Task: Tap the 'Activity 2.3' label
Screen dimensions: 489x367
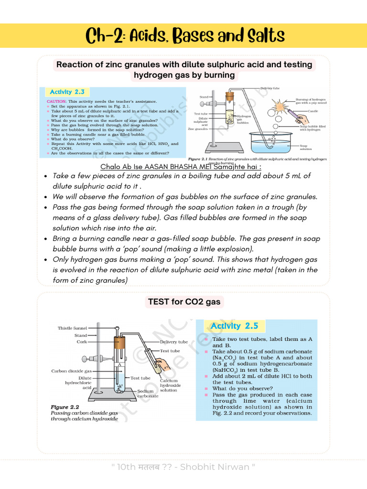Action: [67, 92]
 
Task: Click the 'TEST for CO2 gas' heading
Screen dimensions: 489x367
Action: [183, 301]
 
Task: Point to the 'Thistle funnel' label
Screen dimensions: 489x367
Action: [72, 328]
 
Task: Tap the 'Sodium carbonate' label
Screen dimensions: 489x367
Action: [147, 393]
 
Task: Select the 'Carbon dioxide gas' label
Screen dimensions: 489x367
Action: [71, 371]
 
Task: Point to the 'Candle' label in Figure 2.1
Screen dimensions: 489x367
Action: [313, 111]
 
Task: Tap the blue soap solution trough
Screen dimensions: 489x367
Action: [271, 143]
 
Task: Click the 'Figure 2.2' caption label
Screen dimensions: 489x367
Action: [66, 407]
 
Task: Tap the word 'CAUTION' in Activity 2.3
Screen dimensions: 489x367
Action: [56, 102]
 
